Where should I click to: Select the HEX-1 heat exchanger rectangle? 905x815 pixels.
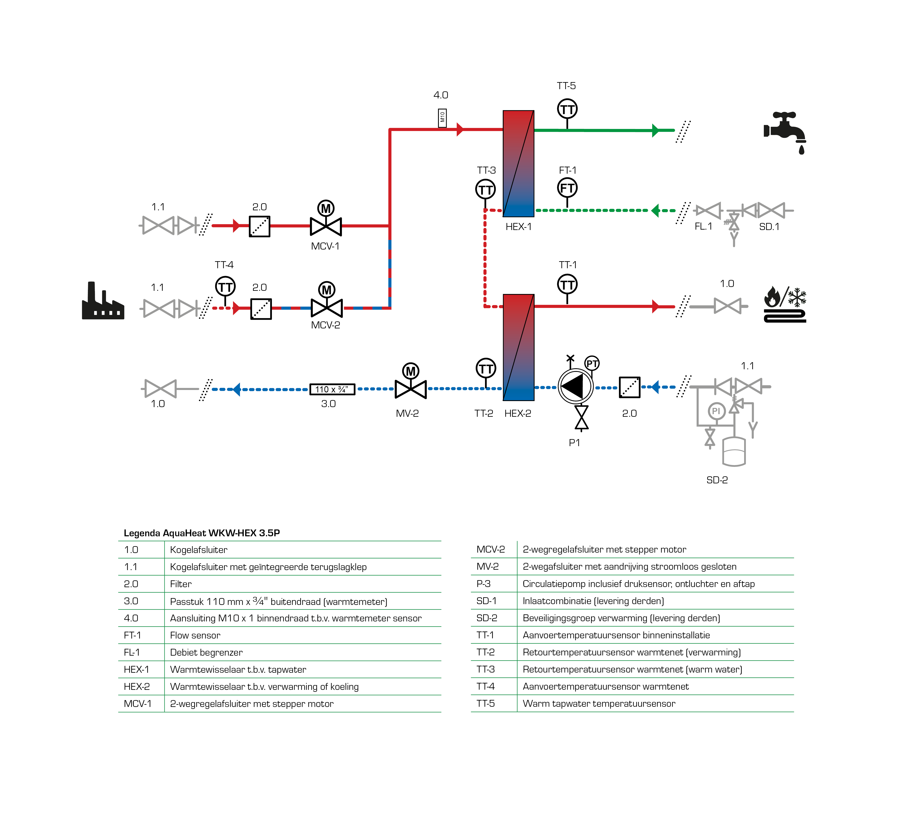click(518, 163)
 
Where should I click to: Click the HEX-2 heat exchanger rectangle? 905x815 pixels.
click(518, 347)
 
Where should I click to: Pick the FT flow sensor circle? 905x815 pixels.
click(567, 188)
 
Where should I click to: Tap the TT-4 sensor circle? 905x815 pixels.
click(225, 287)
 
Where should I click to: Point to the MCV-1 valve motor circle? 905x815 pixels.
click(326, 208)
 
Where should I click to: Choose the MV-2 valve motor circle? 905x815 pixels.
click(410, 371)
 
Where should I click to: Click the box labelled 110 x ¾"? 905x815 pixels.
click(332, 389)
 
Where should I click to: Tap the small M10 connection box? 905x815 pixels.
click(442, 118)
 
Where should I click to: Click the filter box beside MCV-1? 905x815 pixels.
click(260, 226)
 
